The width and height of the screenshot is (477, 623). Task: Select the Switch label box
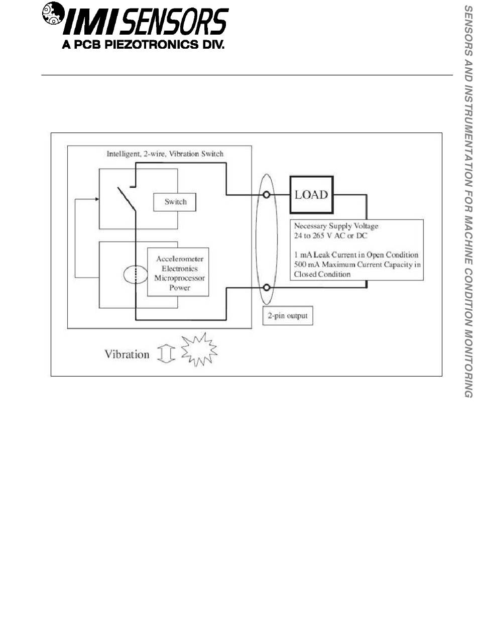click(175, 202)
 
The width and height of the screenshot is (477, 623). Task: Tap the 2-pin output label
click(287, 316)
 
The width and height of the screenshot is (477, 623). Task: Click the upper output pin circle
click(267, 194)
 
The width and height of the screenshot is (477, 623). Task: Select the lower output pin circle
click(267, 287)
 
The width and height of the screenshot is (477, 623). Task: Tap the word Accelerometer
click(179, 259)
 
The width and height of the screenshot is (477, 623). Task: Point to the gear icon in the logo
click(52, 15)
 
